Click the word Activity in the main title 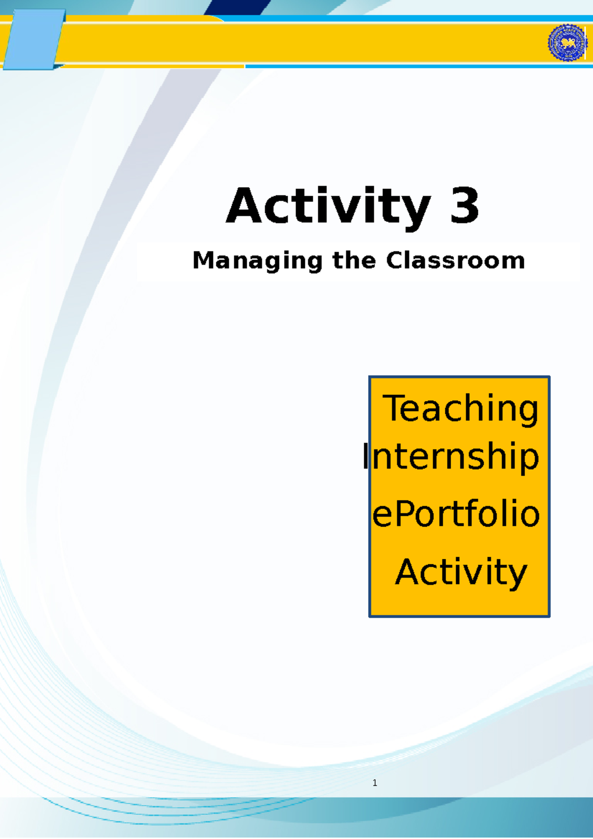[x=328, y=206]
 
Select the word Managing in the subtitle [x=257, y=260]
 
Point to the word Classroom [x=455, y=260]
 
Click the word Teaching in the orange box [x=461, y=409]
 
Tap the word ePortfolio [x=456, y=514]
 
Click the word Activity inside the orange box [x=461, y=572]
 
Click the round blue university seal [x=567, y=43]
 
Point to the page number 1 [x=375, y=783]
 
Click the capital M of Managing [x=204, y=260]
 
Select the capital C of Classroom [x=395, y=260]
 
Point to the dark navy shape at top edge [x=237, y=7]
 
